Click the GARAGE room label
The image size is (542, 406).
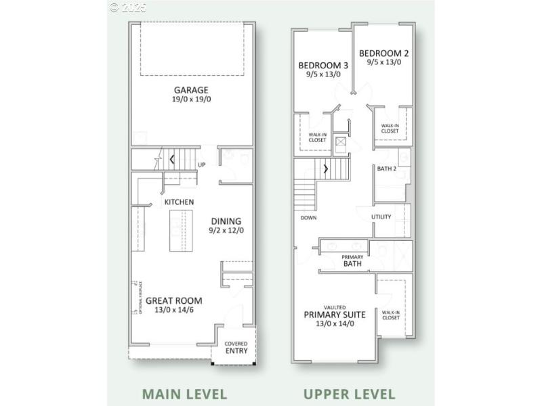190,90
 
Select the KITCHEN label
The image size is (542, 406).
179,202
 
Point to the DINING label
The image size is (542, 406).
226,221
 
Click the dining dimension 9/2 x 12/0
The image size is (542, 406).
226,231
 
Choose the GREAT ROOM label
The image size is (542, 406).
174,301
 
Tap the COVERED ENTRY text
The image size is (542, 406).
236,348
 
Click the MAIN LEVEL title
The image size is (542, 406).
184,394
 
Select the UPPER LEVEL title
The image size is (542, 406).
349,394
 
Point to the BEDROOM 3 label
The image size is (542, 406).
323,66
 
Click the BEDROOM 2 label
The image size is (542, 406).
383,53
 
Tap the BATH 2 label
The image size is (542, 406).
386,168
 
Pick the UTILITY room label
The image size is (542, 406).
381,217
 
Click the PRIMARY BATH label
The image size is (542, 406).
352,261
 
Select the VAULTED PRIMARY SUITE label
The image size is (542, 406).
335,314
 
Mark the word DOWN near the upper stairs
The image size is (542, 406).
309,218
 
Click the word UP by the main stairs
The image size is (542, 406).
201,164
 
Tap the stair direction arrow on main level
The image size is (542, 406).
172,160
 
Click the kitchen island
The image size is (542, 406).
180,230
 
